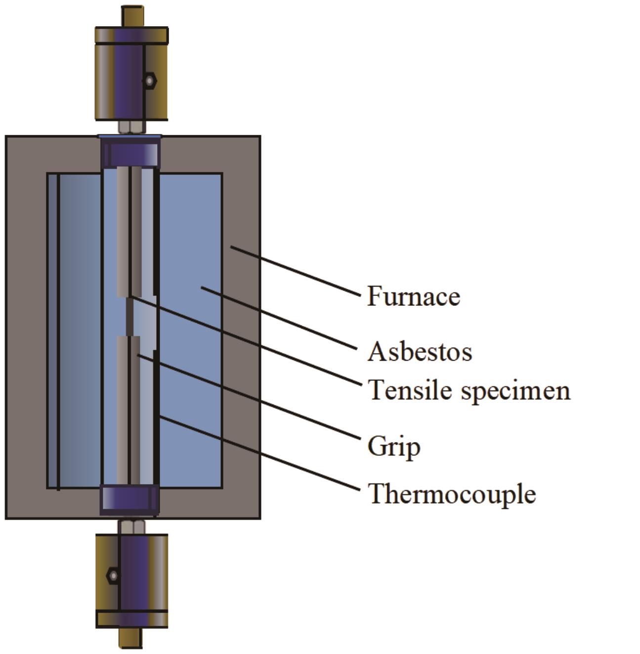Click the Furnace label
tap(413, 296)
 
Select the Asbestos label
tap(420, 352)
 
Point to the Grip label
tap(394, 447)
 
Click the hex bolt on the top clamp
tap(149, 80)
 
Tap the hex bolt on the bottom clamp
tap(113, 575)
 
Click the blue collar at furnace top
tap(130, 153)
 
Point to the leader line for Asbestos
tap(279, 318)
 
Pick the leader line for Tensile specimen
tap(247, 341)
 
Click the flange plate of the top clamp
tap(131, 35)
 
